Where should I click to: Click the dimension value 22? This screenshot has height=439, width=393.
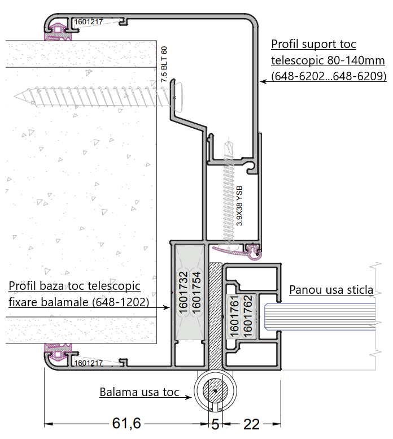click(x=251, y=424)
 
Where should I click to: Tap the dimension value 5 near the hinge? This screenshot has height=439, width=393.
click(x=215, y=424)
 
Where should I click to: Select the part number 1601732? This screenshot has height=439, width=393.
click(x=182, y=292)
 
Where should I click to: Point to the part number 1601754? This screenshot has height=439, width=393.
click(x=196, y=292)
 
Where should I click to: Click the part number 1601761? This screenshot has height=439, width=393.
click(x=234, y=316)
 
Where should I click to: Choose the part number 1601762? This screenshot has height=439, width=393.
click(x=247, y=316)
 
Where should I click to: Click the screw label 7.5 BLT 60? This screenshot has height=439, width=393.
click(x=165, y=65)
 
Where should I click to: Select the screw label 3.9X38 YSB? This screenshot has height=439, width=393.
click(x=239, y=206)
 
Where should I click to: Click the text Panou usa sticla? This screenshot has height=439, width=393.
click(x=331, y=290)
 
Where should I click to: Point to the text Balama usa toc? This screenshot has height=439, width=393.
click(x=139, y=392)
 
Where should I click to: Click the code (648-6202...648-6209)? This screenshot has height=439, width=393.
click(x=328, y=75)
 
